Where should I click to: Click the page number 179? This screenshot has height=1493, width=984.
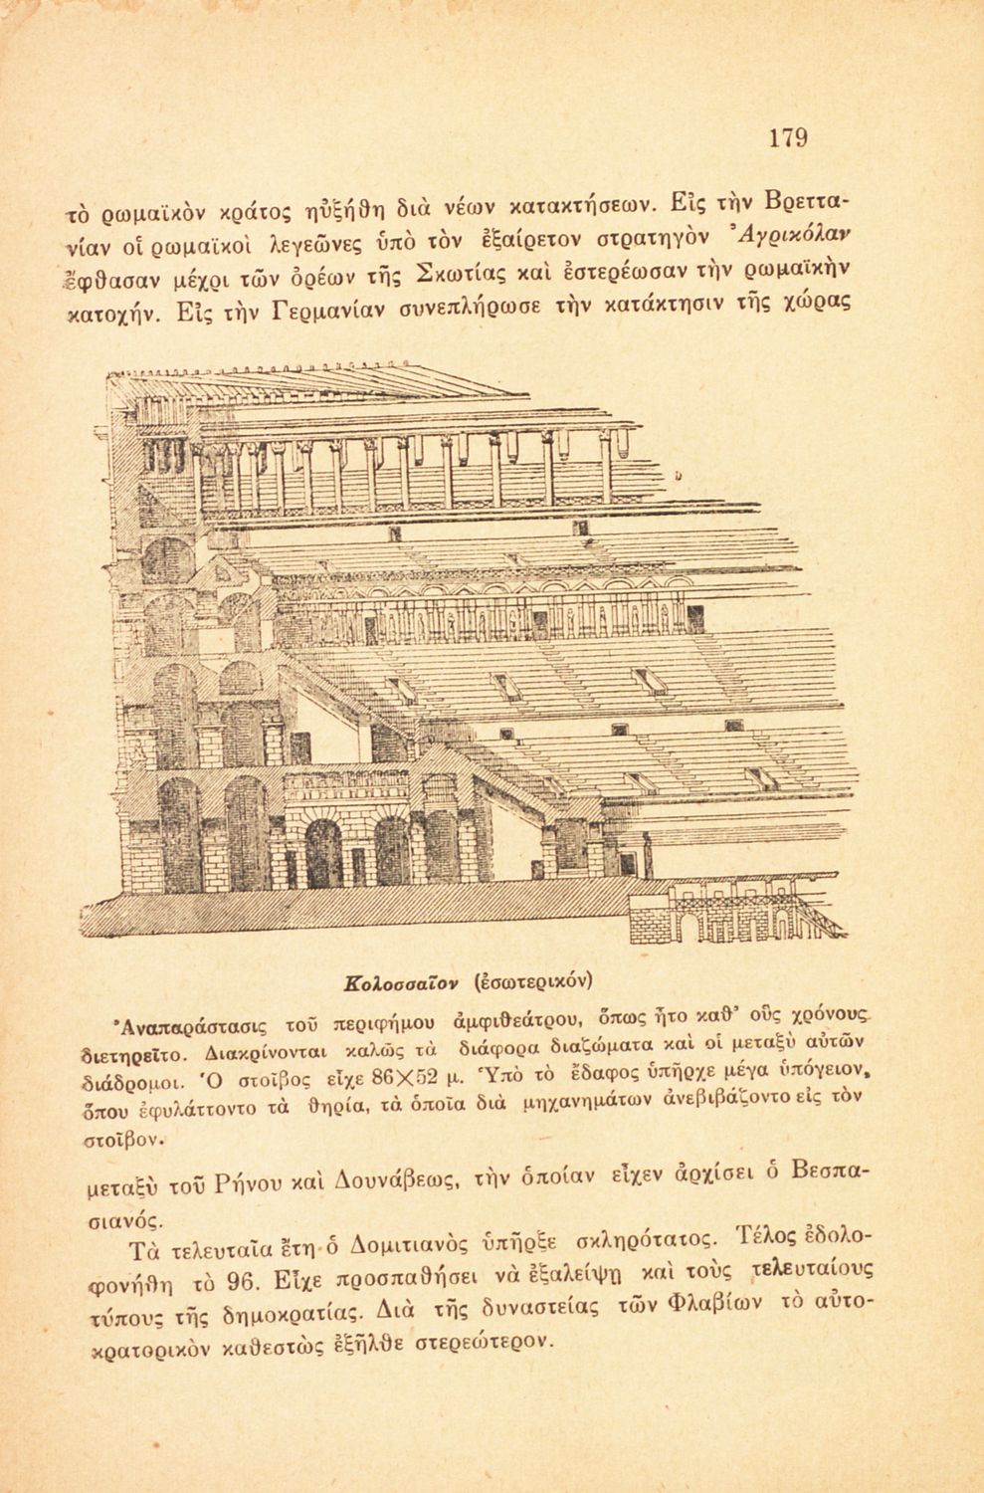coord(788,137)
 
